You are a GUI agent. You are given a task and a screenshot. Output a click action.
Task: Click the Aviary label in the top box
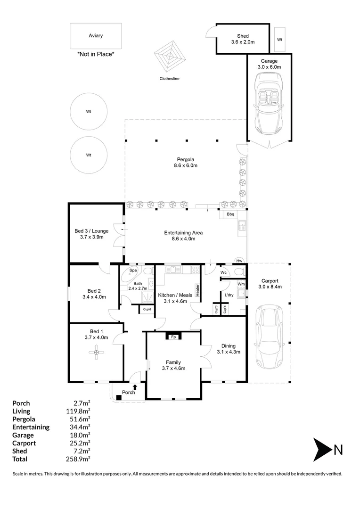[96, 36]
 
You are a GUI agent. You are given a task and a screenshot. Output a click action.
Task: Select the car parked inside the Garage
[270, 104]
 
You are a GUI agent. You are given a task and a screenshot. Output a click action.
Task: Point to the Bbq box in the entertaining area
[230, 214]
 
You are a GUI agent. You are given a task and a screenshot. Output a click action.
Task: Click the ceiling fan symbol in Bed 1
[97, 353]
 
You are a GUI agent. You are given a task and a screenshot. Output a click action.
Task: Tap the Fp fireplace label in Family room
[173, 337]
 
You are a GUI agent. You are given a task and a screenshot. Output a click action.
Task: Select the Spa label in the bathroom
[133, 271]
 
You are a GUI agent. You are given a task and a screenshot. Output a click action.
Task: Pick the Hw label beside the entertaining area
[239, 261]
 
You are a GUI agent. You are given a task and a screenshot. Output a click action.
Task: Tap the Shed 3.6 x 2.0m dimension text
[243, 42]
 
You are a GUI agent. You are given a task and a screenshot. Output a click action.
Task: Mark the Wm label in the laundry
[241, 284]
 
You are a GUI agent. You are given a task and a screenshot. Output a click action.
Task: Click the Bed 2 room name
[94, 291]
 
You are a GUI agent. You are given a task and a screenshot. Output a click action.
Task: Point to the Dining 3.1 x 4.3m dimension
[229, 352]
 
